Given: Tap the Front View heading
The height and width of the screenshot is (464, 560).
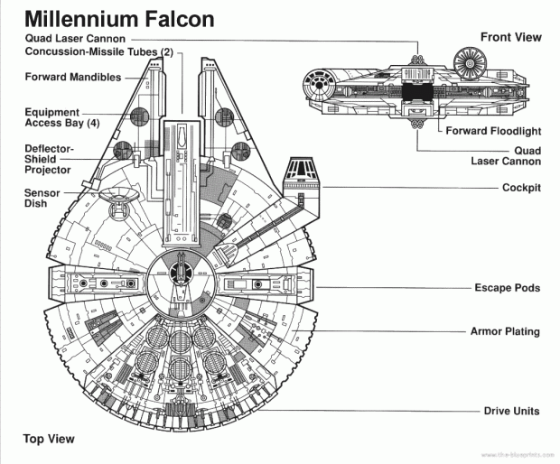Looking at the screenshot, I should (510, 37).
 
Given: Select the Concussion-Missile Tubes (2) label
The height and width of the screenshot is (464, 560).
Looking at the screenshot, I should (99, 52).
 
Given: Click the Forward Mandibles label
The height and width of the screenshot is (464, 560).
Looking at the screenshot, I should (73, 78).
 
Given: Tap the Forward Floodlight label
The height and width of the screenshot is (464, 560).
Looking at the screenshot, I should (493, 131).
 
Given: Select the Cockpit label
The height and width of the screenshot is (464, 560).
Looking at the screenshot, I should (520, 188).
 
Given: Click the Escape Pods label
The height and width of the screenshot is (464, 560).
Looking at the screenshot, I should (507, 288).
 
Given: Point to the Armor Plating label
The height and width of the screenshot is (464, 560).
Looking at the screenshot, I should (505, 331).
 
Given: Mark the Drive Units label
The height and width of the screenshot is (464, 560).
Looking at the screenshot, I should (510, 411).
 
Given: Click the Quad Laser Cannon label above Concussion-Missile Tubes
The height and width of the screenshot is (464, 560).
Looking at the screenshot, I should (77, 39).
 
